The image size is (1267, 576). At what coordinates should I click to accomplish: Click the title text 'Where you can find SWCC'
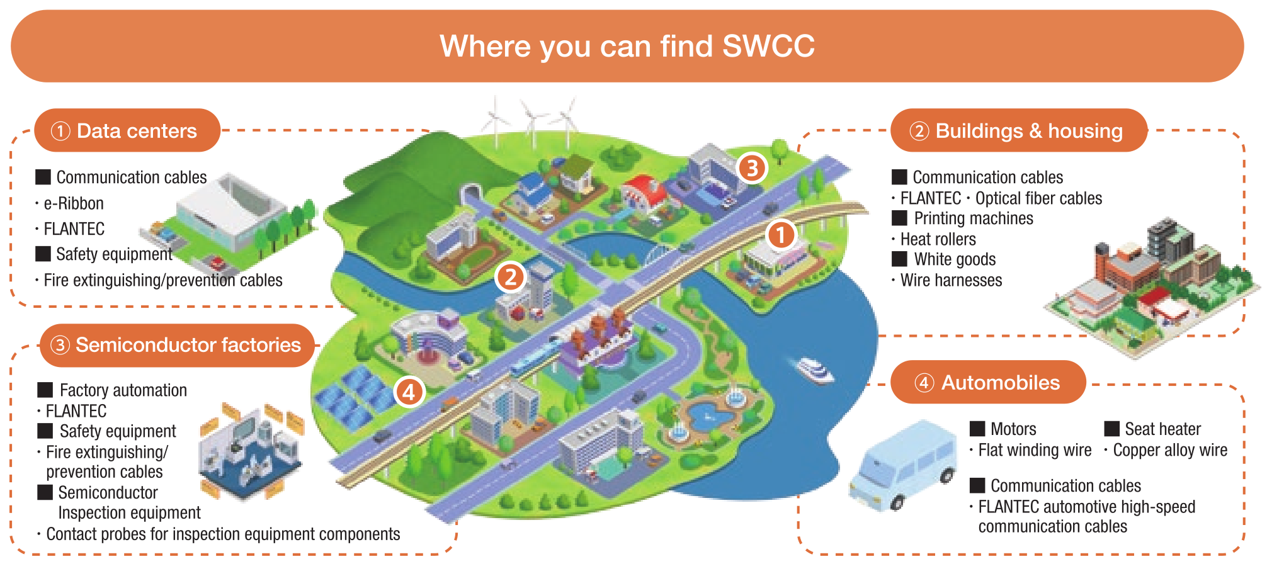coord(627,46)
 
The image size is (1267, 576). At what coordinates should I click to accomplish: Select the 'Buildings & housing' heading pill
coord(1018,131)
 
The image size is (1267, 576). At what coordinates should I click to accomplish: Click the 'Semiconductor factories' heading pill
coord(177,345)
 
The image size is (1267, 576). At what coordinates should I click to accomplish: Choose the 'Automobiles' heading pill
coord(988,383)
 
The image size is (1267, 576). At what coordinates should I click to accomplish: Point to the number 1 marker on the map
coord(781,235)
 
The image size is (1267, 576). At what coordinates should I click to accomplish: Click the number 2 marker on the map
coord(510,277)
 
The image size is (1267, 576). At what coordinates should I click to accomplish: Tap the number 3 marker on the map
coord(752,168)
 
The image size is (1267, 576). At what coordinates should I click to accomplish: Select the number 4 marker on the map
coord(409,392)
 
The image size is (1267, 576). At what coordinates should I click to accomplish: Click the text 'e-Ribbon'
coord(74,204)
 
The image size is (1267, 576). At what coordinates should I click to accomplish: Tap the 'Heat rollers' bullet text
coord(938,239)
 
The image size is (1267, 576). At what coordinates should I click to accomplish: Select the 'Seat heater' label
coord(1162,429)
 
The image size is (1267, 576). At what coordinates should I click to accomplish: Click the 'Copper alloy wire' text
coord(1170,451)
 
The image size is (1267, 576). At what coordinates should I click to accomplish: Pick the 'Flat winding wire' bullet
coord(1035,451)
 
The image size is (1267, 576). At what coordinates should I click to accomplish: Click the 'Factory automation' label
coord(123,390)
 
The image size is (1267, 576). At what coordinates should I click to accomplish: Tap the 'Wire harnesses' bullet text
coord(951,280)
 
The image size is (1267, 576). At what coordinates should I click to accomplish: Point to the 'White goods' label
coord(955,259)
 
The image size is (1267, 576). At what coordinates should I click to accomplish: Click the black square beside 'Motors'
coord(977,429)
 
